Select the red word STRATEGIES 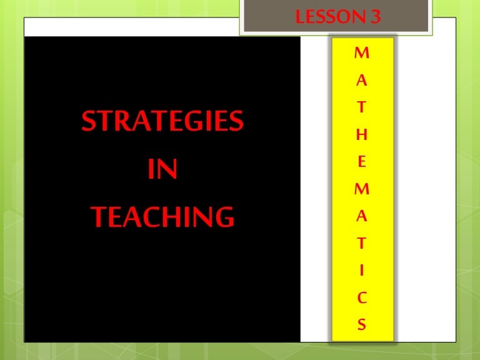(162, 122)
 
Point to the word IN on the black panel (162, 169)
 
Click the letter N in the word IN (168, 169)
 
